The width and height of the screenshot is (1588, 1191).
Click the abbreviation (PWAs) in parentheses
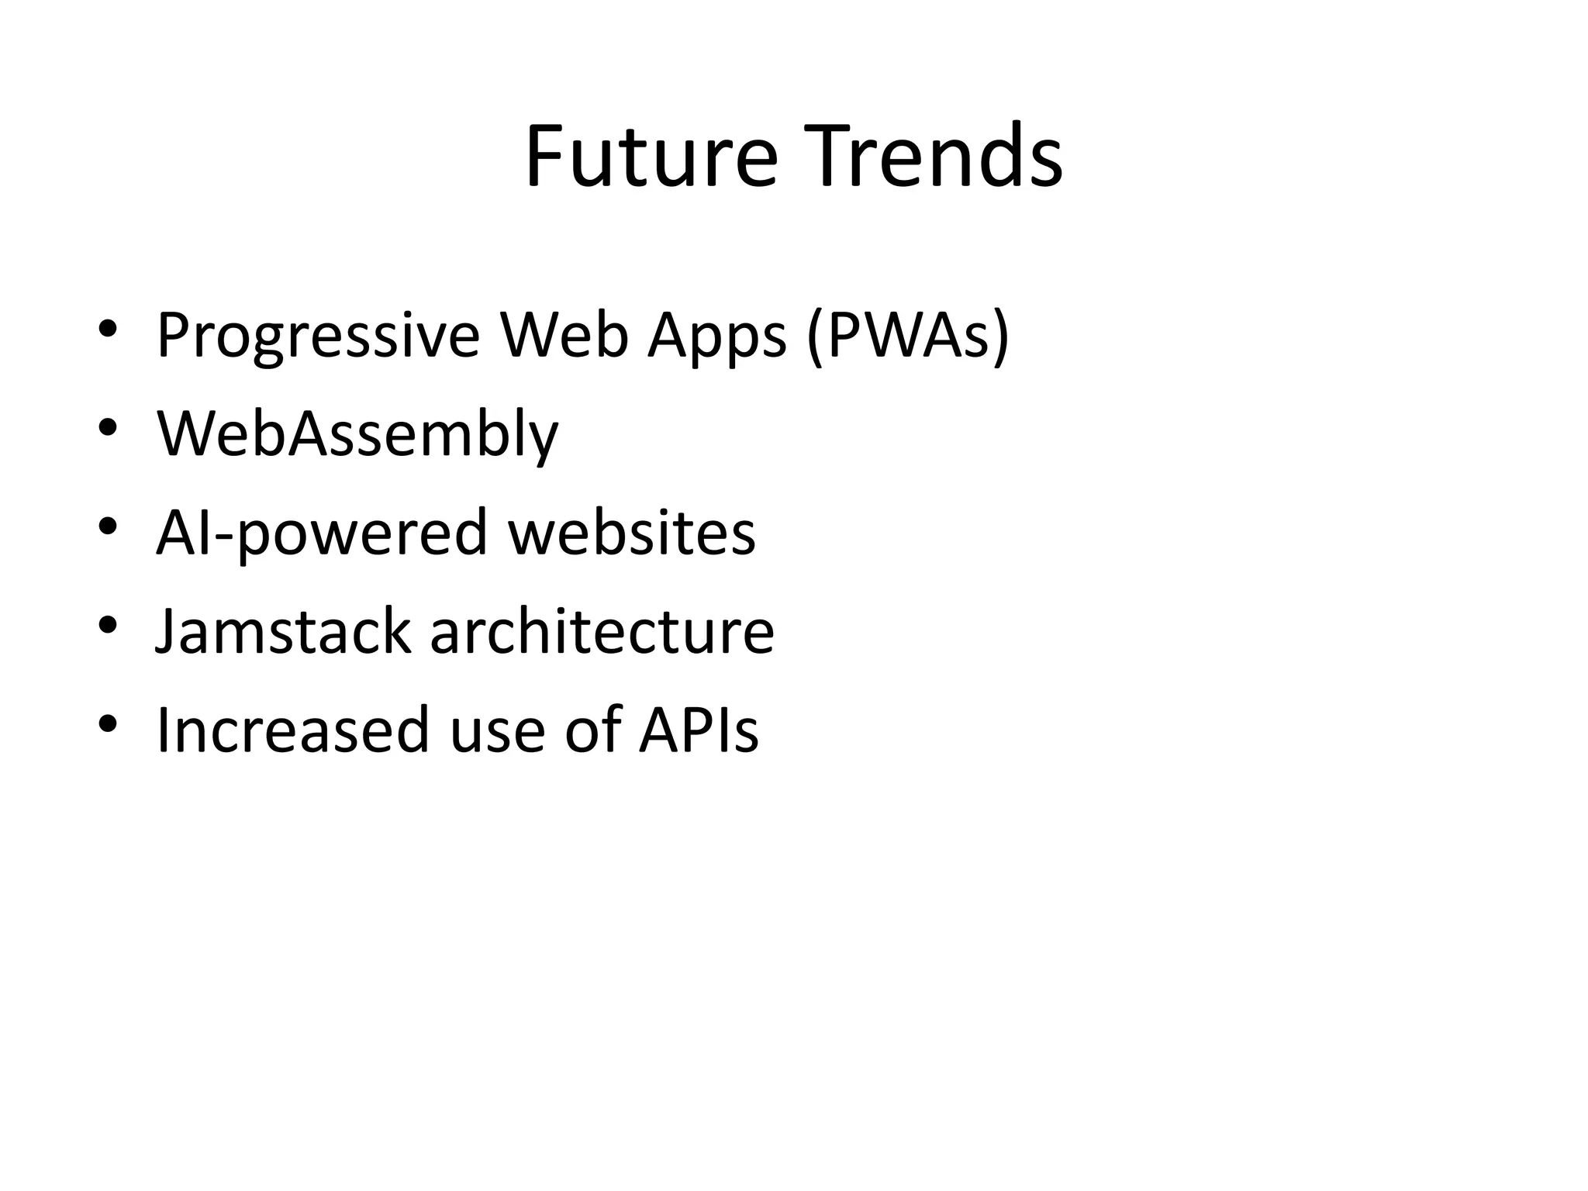908,336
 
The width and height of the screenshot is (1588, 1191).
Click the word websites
631,533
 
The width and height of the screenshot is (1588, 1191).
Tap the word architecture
602,632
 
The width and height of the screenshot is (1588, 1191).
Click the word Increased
292,730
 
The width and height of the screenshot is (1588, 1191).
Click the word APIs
698,730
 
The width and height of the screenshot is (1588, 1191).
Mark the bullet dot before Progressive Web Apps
108,330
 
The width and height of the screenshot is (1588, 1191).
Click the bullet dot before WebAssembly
108,428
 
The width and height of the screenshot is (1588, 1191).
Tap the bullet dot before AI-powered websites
108,526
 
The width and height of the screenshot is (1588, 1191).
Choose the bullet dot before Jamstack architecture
108,625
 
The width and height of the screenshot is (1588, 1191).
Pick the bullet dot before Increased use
108,724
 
